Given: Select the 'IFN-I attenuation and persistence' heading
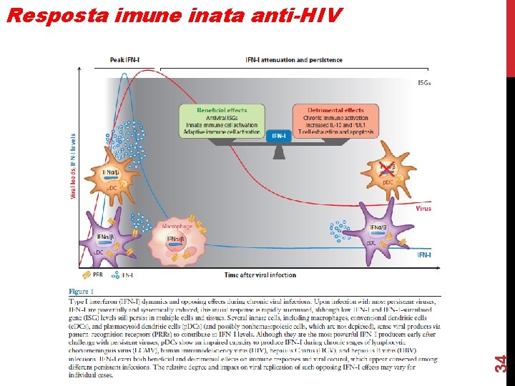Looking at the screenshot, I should pos(293,60).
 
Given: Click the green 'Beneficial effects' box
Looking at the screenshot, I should pos(222,122).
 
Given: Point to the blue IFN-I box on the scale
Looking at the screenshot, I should pos(278,135).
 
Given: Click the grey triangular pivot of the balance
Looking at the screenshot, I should pos(278,152).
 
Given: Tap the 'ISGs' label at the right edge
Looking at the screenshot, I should pos(424,83).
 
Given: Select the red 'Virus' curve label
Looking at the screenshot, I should pos(423,209).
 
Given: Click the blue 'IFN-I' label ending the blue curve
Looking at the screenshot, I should pos(424,254).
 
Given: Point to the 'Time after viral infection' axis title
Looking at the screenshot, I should pos(260,275).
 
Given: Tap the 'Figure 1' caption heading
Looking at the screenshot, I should pos(81,292).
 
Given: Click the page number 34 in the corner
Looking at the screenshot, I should pos(503,364).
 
